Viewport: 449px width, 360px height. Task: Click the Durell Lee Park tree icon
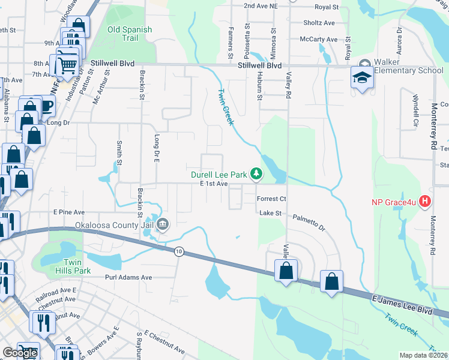256,174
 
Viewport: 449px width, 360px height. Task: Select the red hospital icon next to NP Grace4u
426,200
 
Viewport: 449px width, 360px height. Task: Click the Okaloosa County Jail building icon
163,225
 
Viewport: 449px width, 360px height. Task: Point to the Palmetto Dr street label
309,223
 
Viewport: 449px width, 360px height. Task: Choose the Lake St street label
270,213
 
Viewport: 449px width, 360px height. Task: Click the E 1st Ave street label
214,184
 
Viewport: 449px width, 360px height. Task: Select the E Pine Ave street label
69,212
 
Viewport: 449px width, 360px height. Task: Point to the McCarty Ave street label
319,40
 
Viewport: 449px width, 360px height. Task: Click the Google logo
20,353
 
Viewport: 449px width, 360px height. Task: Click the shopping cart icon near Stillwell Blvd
68,63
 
